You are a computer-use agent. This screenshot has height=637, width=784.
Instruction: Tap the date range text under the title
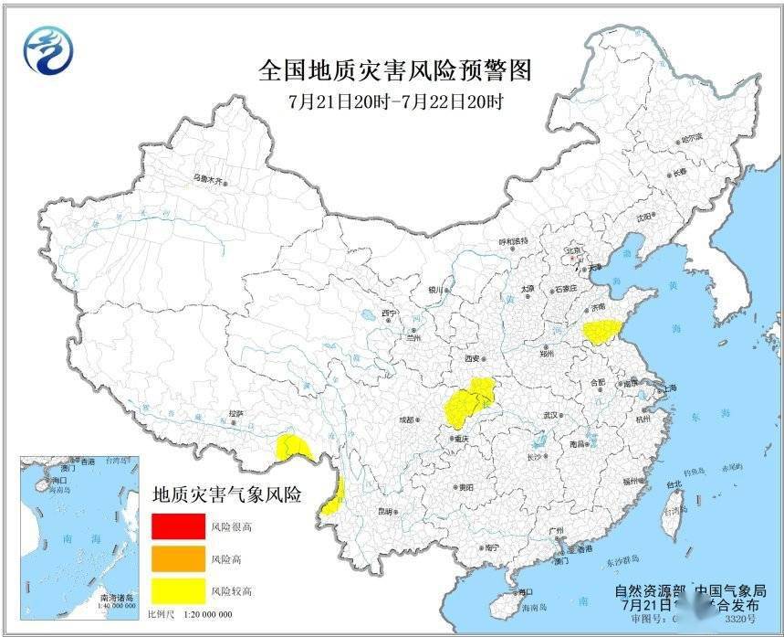point(394,101)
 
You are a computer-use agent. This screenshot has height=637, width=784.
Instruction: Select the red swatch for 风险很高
point(178,526)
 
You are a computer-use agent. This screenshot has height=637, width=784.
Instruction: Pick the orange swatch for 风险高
point(178,558)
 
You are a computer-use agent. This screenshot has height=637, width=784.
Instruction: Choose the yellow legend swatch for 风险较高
point(178,590)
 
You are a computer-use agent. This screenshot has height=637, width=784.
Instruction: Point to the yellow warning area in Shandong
point(601,332)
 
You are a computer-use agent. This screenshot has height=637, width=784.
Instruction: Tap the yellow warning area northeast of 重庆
point(469,401)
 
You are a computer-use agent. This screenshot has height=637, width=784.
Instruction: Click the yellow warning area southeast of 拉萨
point(295,447)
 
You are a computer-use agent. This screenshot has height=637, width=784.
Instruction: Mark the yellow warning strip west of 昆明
point(335,495)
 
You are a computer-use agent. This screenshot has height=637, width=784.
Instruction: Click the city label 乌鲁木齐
point(207,179)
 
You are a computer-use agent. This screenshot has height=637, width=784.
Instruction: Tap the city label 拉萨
point(237,414)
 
